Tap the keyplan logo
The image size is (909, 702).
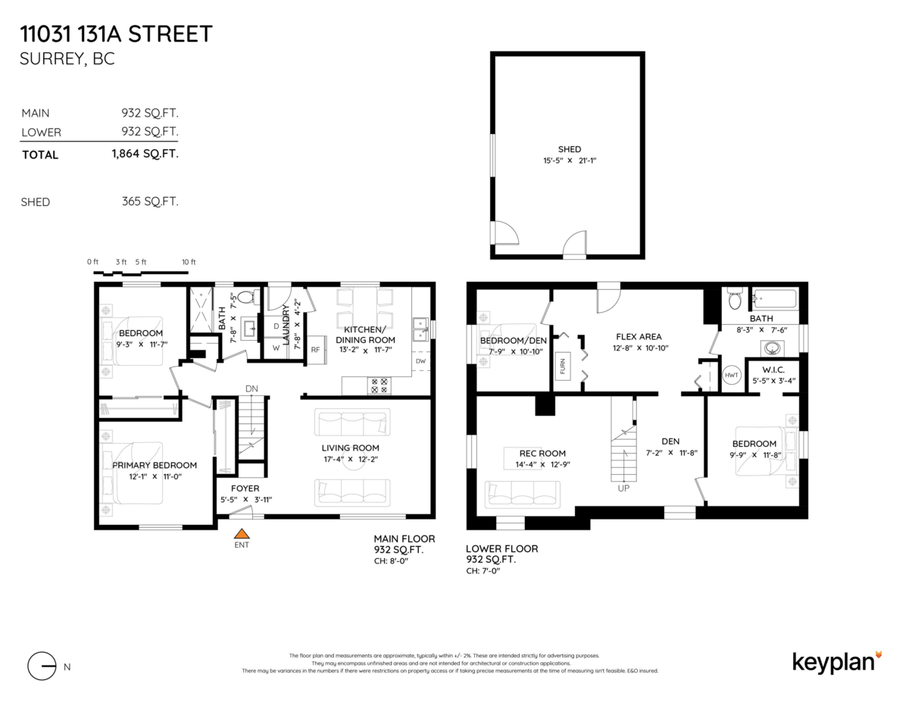pos(837,661)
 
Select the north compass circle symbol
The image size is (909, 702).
pos(42,666)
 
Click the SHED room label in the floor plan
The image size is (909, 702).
pos(569,149)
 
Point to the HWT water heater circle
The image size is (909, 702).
pos(731,376)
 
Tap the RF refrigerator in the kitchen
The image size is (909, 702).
pos(315,350)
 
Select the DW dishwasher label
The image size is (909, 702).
pos(420,361)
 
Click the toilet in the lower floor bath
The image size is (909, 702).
pos(733,300)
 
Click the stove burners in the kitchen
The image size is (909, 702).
pos(379,385)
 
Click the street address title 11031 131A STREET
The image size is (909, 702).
pos(117,34)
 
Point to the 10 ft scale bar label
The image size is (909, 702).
pos(189,262)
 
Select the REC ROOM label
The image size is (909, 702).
pos(542,454)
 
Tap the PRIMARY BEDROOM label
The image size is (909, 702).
pos(155,465)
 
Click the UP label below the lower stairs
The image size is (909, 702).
pos(623,488)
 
